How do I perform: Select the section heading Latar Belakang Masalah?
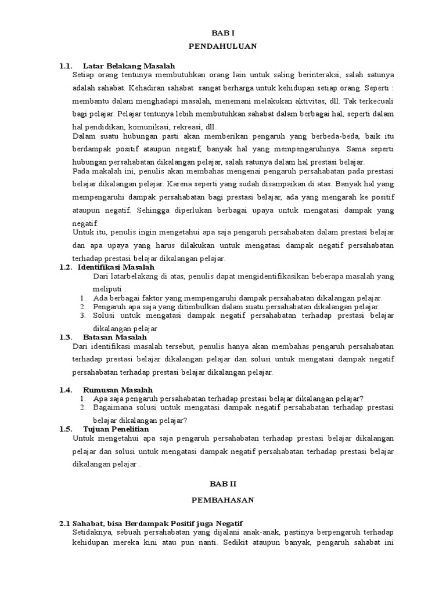click(129, 66)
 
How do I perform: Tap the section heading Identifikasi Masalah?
click(116, 267)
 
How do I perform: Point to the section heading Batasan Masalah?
click(115, 337)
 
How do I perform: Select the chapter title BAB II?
click(223, 483)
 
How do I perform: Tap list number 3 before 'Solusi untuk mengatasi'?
click(82, 316)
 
